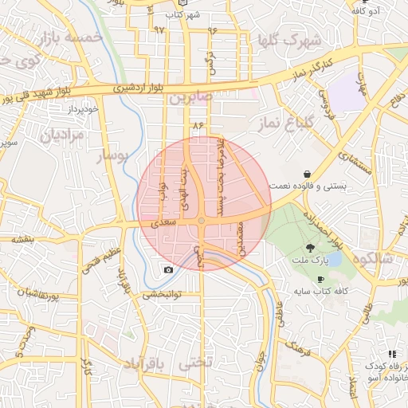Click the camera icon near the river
tap(168, 270)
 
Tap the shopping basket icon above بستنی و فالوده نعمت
tap(307, 174)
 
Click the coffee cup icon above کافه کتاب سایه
tap(320, 280)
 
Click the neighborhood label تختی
tap(198, 364)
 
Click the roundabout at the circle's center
tap(202, 220)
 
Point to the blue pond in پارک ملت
tap(335, 259)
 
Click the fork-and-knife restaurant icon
tap(391, 353)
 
